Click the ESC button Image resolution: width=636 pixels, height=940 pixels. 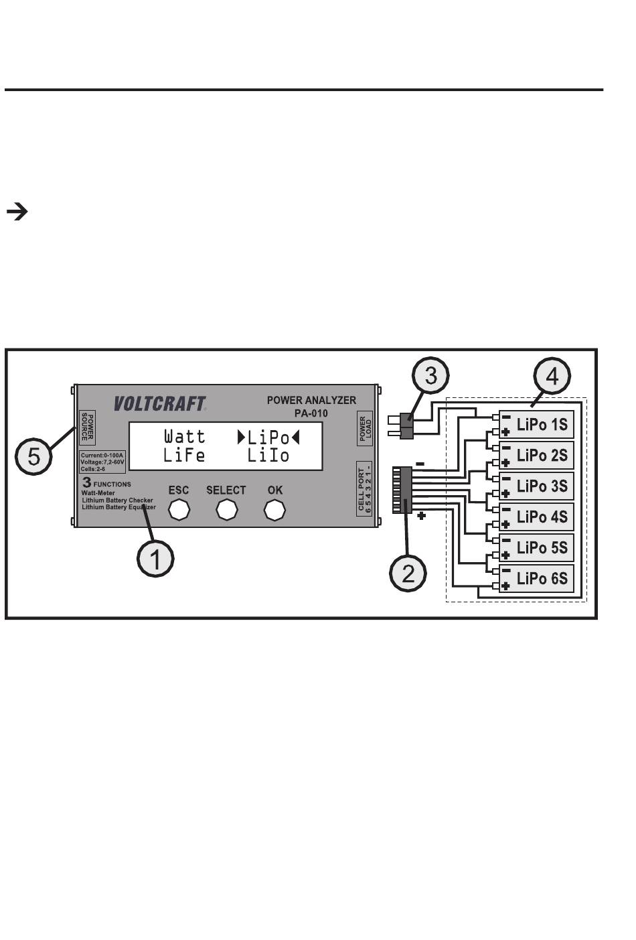[x=179, y=510]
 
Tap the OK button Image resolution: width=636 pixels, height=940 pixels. [x=274, y=510]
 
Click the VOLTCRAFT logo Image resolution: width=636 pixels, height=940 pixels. [x=160, y=404]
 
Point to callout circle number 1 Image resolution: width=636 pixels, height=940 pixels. [x=155, y=559]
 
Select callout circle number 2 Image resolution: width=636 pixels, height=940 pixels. [x=408, y=574]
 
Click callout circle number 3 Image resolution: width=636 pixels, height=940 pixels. [x=430, y=375]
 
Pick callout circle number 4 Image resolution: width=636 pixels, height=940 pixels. [x=552, y=376]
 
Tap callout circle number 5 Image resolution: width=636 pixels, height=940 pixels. [x=33, y=456]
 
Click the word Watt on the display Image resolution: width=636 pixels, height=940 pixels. [x=185, y=436]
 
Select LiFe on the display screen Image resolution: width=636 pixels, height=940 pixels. [x=184, y=456]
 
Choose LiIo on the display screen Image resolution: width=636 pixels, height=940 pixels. [x=268, y=456]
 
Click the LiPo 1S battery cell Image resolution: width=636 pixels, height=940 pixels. [x=536, y=424]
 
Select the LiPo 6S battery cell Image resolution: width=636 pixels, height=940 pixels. [x=536, y=578]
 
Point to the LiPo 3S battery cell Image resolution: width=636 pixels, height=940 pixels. [x=536, y=486]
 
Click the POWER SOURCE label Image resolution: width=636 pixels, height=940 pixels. [x=87, y=427]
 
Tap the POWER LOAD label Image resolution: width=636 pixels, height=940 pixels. [x=365, y=428]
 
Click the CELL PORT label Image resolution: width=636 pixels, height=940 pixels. [x=364, y=489]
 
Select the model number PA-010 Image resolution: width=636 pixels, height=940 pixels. [x=311, y=413]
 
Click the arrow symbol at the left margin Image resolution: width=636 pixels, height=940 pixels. [x=17, y=212]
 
